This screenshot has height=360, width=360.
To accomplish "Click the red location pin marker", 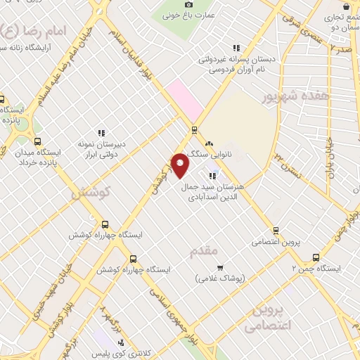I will (180, 165).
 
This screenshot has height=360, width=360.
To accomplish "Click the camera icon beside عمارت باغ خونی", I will (188, 6).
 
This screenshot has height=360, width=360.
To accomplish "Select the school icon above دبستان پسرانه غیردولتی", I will (236, 48).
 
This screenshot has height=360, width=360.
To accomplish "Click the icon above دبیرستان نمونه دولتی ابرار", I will (101, 132).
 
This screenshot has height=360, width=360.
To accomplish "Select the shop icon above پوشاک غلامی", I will (220, 268).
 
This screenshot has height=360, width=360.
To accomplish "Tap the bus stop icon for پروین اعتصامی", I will (276, 230).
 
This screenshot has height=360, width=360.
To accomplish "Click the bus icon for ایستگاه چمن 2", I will (316, 257).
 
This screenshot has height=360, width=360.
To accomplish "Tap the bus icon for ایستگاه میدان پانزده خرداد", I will (37, 141).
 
